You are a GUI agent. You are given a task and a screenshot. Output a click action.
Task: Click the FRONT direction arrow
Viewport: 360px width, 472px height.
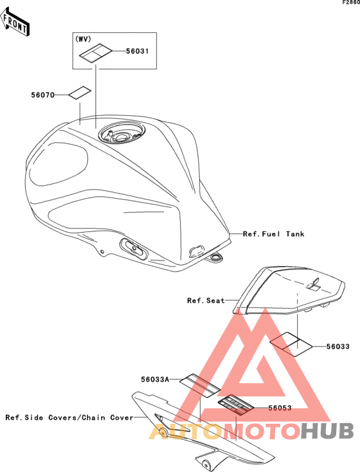15,23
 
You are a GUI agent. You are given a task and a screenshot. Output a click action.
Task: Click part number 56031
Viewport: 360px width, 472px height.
138,51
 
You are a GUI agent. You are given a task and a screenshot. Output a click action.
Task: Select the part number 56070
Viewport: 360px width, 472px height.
42,95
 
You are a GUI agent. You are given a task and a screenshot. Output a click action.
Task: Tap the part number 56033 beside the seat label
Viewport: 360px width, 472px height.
338,347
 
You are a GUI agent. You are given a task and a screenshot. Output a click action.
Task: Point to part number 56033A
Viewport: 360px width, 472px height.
155,379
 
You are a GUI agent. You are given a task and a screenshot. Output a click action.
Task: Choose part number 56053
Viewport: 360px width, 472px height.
280,408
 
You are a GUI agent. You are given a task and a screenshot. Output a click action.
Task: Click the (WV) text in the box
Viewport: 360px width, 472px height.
83,39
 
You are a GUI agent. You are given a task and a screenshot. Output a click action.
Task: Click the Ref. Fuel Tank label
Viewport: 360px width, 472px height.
274,234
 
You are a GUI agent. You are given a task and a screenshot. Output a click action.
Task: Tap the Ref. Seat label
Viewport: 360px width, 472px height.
206,300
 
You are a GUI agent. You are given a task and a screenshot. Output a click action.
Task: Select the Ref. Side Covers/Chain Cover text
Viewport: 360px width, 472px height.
69,417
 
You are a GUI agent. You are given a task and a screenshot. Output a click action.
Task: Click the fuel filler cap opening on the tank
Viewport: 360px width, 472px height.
122,134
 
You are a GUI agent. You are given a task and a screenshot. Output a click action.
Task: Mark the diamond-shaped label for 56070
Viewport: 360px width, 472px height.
80,93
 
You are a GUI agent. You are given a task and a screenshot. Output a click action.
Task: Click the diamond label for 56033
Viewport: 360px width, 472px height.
291,345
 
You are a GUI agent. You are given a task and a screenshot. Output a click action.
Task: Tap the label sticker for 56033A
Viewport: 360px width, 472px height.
200,386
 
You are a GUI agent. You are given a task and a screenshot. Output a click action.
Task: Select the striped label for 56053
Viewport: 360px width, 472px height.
236,405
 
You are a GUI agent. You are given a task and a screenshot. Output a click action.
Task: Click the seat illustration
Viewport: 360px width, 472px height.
289,291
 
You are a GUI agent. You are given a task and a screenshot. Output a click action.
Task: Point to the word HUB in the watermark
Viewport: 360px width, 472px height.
327,430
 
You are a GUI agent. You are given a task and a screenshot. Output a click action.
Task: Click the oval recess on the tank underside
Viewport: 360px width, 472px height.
134,248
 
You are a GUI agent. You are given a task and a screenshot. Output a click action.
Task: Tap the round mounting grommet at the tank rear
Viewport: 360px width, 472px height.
216,257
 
